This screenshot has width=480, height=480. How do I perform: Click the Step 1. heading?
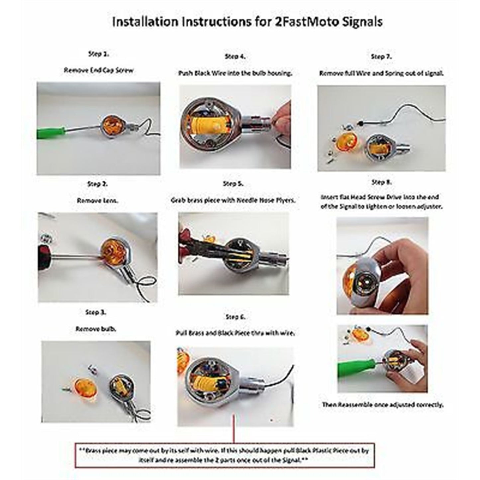pyautogui.click(x=99, y=54)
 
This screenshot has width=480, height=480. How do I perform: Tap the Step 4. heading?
pyautogui.click(x=235, y=56)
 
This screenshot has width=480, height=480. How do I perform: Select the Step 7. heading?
pyautogui.click(x=381, y=57)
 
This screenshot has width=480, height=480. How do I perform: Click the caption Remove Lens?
pyautogui.click(x=97, y=201)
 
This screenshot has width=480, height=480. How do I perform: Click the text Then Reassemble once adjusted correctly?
pyautogui.click(x=383, y=405)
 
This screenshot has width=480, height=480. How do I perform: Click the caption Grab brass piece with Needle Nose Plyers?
pyautogui.click(x=233, y=200)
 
